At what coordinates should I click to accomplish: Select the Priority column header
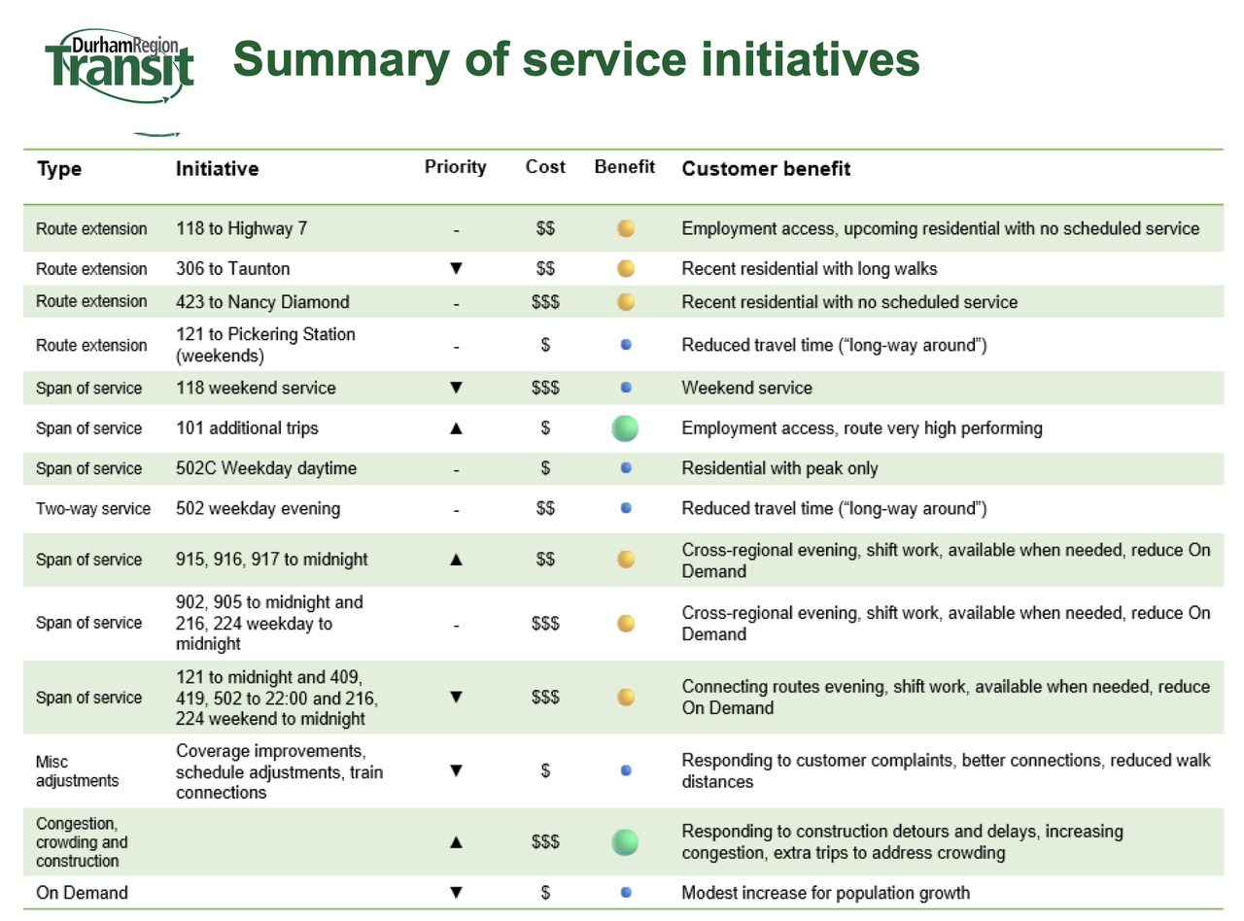tap(456, 167)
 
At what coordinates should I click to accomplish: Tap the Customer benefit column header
tap(767, 169)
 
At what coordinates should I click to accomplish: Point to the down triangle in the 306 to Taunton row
tap(456, 267)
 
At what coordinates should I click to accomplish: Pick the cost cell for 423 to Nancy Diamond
tap(545, 302)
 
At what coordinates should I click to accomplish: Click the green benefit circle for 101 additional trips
tap(626, 428)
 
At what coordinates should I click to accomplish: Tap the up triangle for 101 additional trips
tap(456, 428)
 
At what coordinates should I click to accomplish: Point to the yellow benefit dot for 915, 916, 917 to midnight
tap(626, 559)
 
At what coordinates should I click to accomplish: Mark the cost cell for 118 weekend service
tap(545, 388)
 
